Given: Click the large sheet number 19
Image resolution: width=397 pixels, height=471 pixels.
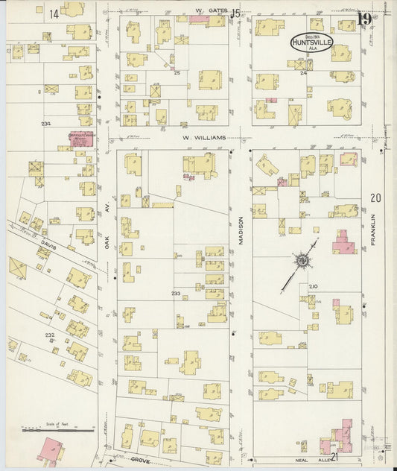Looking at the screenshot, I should [x=364, y=19].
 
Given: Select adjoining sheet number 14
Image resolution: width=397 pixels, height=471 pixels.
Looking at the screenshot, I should [x=54, y=14].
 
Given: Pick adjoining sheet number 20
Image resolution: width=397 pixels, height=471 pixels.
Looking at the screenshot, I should [x=374, y=198].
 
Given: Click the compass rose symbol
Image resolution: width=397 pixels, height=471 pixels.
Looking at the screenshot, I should [x=303, y=261].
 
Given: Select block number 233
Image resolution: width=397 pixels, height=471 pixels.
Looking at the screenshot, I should [x=176, y=294].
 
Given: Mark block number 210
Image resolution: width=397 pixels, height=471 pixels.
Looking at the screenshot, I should [x=313, y=286].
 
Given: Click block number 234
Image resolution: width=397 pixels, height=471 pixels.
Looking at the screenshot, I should [x=47, y=124].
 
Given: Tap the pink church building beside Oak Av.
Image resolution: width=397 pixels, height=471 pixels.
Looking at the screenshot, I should [x=81, y=139].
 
